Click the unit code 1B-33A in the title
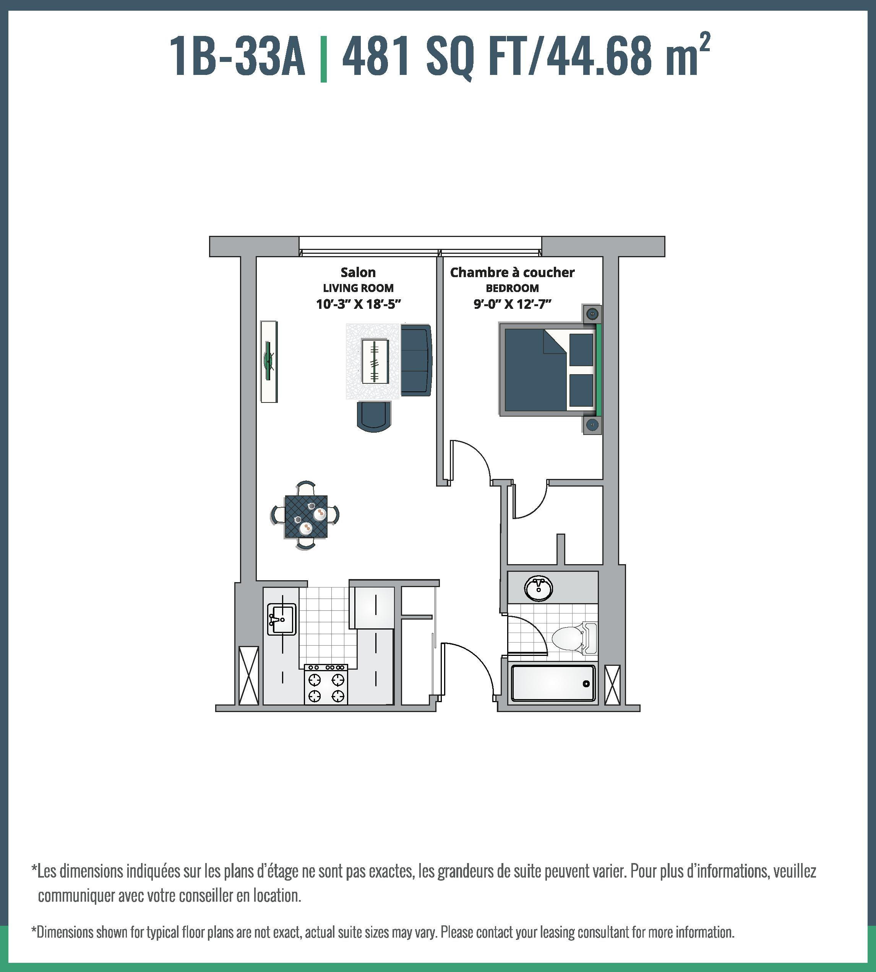pos(237,57)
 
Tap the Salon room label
pos(358,273)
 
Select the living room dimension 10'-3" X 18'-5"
pos(358,304)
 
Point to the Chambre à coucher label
pos(512,273)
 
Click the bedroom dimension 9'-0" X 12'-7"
pos(512,304)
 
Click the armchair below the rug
pos(374,416)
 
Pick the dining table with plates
pos(306,516)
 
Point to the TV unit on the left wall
pos(269,361)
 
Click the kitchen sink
pos(282,619)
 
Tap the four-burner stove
pos(326,684)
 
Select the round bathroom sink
pos(538,588)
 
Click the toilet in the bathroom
pos(573,638)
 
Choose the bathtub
pos(553,683)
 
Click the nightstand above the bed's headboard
pos(592,314)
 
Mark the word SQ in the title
pos(449,57)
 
